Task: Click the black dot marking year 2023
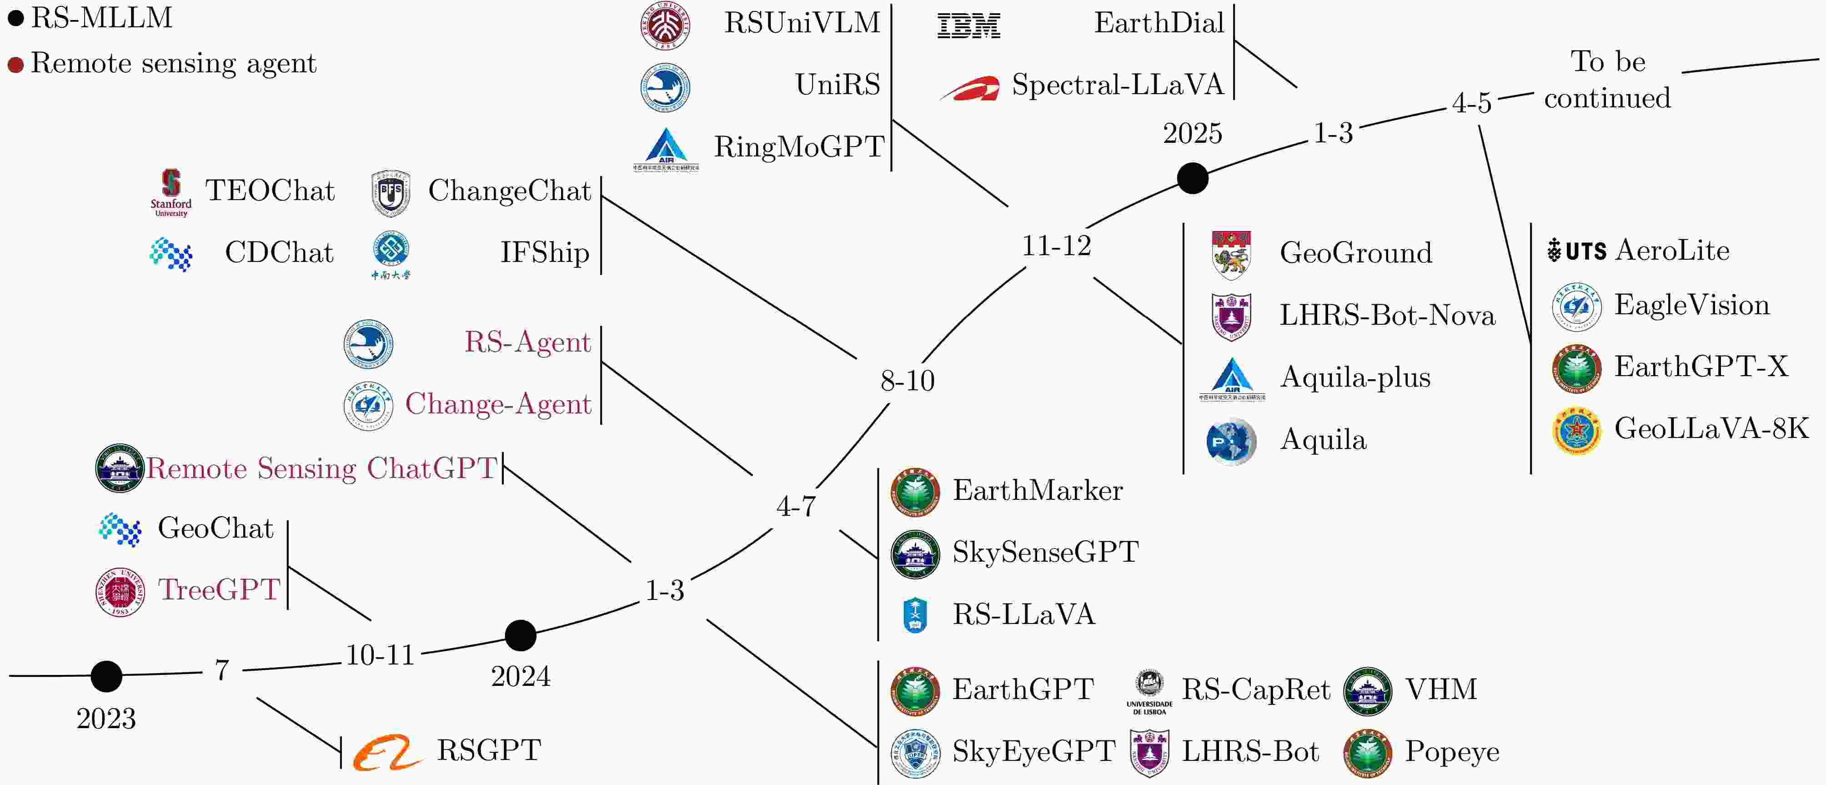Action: tap(106, 676)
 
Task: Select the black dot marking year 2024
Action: tap(520, 635)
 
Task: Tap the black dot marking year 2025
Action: tap(1192, 178)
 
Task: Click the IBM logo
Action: tap(968, 25)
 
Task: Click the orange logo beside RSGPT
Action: tap(387, 752)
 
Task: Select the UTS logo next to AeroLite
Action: tap(1576, 250)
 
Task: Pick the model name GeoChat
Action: tap(216, 528)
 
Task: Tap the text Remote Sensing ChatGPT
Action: tap(321, 469)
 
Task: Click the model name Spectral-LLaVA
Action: tap(1117, 85)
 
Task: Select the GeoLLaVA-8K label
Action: tap(1711, 428)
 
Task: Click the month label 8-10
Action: tap(908, 381)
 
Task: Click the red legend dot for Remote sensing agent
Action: tap(15, 65)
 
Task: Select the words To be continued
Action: tap(1608, 80)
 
